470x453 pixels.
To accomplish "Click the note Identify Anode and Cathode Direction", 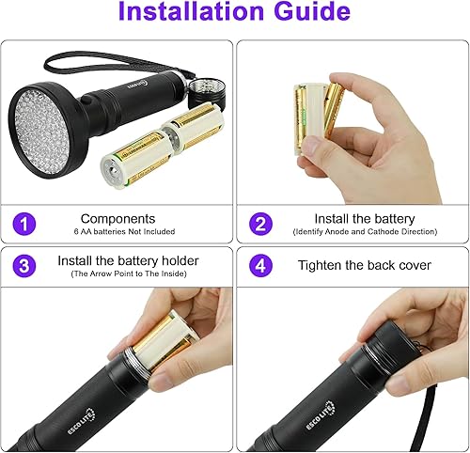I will click(352, 232).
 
